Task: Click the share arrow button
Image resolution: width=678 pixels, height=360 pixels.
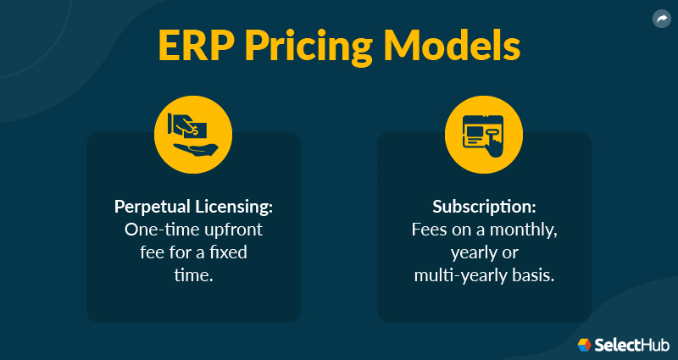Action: click(661, 19)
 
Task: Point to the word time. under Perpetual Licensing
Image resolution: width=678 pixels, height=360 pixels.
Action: click(194, 274)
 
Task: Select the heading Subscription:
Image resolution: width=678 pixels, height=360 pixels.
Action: click(484, 208)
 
